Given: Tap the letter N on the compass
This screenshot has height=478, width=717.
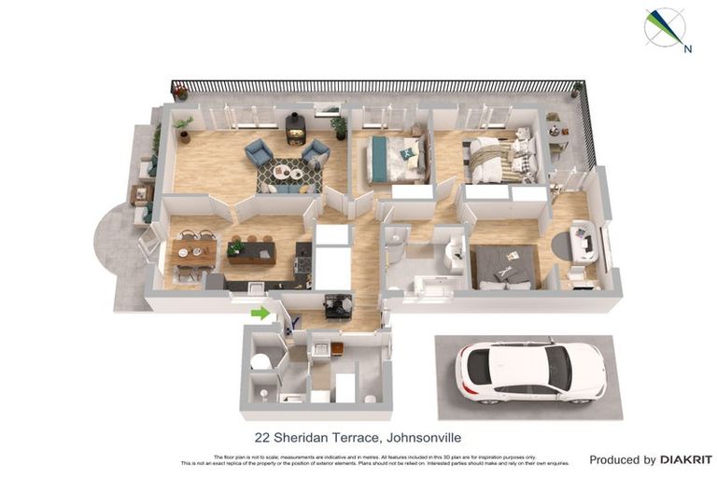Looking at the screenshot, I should coord(687,49).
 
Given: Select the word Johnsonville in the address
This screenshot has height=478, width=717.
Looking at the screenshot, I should coord(423,437).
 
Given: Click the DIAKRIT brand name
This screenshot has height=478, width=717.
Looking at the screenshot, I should coord(686,460).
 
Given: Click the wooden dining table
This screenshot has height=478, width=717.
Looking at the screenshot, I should coord(194,250).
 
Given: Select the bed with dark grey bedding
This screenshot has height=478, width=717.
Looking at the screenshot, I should coord(505,266).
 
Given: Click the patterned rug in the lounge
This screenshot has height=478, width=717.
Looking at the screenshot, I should coord(288,173).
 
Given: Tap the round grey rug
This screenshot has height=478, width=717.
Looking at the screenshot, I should coord(566,245).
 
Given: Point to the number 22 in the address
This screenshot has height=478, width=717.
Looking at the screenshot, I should coord(262,437).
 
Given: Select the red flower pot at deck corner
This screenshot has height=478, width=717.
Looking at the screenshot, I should coord(179,92).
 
